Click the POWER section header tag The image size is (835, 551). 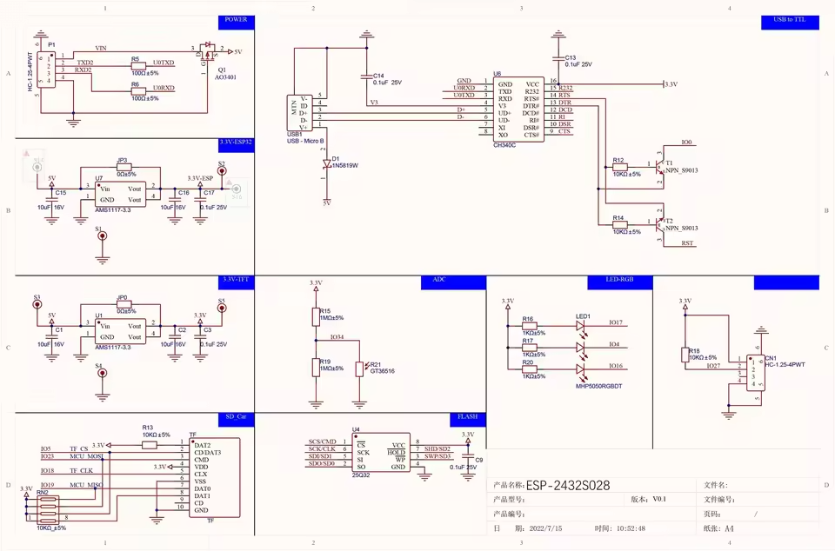pos(236,19)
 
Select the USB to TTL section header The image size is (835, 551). pos(790,19)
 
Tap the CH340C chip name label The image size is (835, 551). pos(504,145)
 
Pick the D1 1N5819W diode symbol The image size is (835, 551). pos(327,163)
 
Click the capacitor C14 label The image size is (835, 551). pos(378,76)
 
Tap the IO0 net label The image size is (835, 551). pos(687,143)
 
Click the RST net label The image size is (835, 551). pos(687,244)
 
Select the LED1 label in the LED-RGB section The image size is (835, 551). pos(583,316)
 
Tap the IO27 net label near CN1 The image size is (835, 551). pos(713,366)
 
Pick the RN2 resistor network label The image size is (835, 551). pos(42,492)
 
